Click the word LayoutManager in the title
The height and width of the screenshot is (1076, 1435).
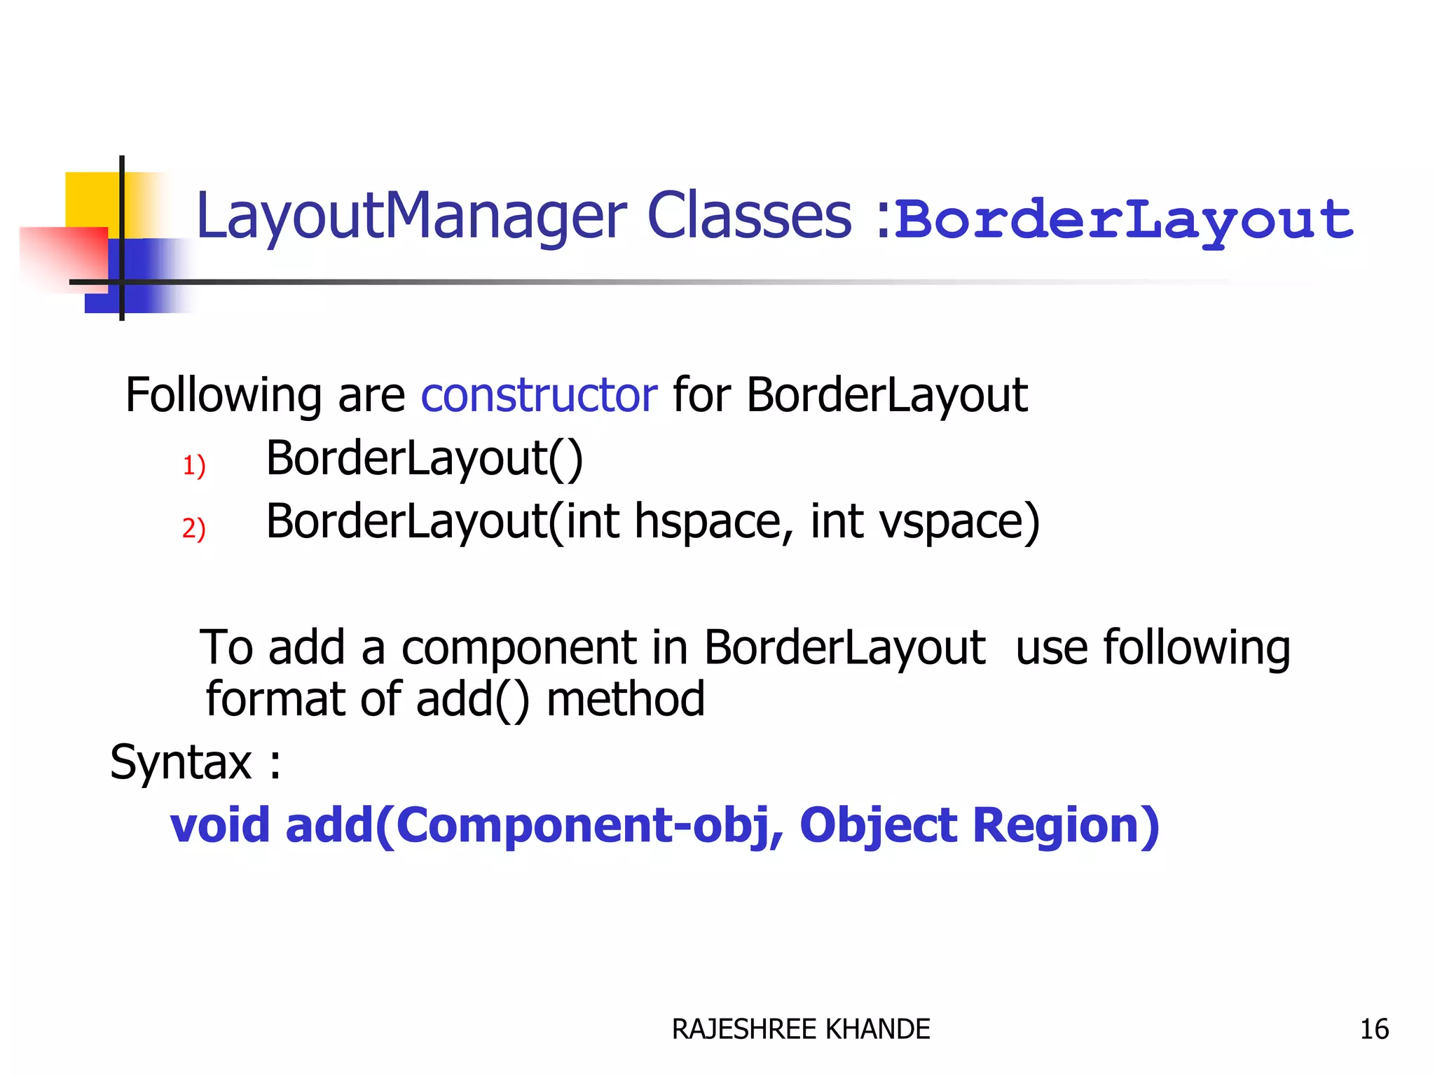pos(410,217)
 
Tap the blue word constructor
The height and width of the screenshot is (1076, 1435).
pos(538,395)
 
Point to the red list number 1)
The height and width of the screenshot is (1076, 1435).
pos(193,466)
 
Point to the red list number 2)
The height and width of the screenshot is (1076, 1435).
pos(193,528)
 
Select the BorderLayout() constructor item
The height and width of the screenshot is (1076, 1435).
pos(424,460)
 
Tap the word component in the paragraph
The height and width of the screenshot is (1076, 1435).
pos(519,648)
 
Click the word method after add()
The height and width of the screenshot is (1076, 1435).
pos(625,700)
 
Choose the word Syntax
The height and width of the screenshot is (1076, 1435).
pos(181,763)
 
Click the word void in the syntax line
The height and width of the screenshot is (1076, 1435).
pos(219,825)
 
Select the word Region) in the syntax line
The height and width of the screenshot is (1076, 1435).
pos(1066,825)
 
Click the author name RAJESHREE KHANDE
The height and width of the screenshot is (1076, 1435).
pos(800,1029)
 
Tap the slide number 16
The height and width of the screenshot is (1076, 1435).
pos(1373,1029)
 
